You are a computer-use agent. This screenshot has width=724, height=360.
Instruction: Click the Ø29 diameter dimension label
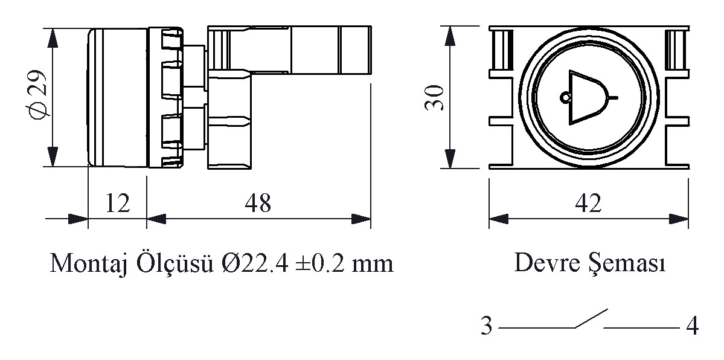click(x=38, y=95)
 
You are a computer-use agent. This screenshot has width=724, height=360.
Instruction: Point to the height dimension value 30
click(x=435, y=97)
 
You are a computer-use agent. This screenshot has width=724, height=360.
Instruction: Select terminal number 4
click(x=691, y=326)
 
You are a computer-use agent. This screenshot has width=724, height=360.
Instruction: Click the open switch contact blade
click(x=591, y=318)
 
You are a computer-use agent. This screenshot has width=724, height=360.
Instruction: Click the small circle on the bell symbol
click(x=565, y=97)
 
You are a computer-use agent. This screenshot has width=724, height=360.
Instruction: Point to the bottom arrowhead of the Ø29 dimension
click(x=53, y=156)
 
